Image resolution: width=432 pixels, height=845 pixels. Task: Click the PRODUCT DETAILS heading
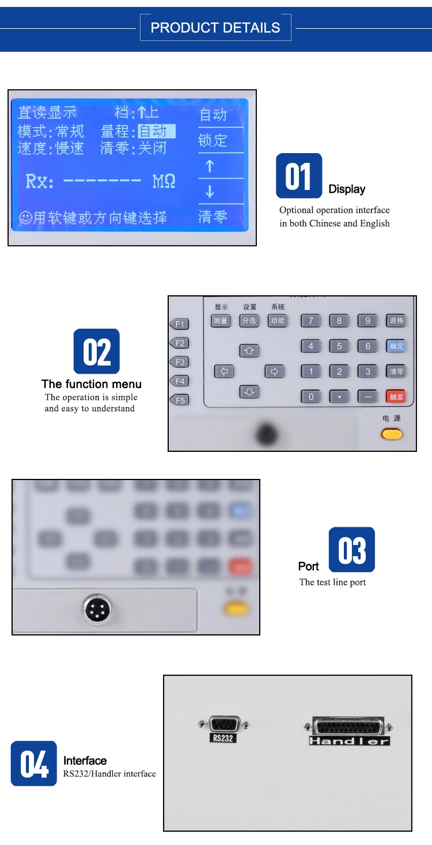tap(215, 28)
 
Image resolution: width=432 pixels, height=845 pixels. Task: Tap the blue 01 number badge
tap(298, 176)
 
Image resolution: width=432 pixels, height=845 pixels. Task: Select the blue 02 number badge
tap(97, 351)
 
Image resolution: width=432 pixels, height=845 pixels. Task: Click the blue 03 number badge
tap(351, 550)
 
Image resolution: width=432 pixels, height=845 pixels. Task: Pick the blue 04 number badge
tap(34, 763)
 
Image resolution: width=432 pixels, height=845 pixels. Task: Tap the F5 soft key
tap(180, 400)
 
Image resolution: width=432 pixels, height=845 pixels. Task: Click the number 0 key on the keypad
tap(311, 397)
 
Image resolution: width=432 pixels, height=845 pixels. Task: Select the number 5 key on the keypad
tap(339, 346)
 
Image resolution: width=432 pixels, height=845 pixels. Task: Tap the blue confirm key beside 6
tap(396, 346)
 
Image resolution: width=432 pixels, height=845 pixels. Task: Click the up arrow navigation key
tap(249, 350)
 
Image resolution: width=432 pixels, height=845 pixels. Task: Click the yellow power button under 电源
tap(392, 434)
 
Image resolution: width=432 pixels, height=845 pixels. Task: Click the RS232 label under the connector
tap(223, 738)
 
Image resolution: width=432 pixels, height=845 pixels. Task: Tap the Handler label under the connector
tap(349, 741)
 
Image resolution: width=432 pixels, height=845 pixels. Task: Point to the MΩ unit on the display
tap(164, 182)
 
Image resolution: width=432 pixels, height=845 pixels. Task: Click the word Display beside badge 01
tap(347, 189)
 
